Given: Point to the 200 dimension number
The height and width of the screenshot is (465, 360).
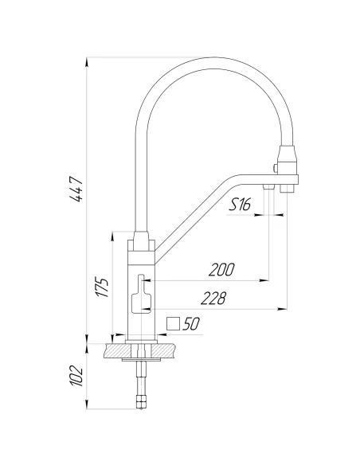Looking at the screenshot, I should (x=221, y=270).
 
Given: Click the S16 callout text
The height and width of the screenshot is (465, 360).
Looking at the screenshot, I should (x=240, y=205).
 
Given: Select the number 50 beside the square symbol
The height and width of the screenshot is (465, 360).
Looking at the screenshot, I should (x=190, y=324).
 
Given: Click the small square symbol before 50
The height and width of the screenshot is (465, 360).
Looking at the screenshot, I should (x=174, y=324).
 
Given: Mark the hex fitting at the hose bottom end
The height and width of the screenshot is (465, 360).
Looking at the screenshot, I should (x=142, y=402).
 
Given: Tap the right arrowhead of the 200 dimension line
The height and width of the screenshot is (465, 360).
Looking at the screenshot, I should (x=264, y=280).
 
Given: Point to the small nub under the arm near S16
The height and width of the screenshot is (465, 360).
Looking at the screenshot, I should (x=270, y=186).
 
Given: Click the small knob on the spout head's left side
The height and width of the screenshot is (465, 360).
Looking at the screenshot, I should (x=276, y=168).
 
